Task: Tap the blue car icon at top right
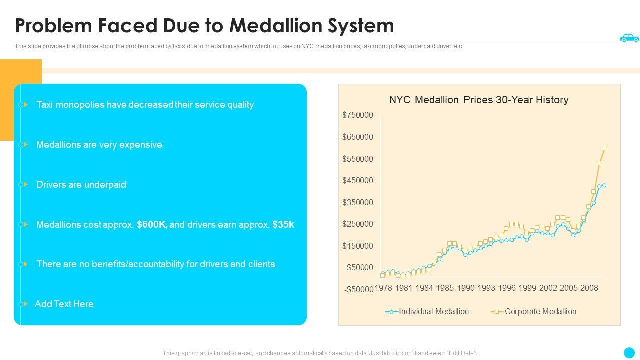(629, 38)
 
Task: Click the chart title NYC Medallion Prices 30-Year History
(479, 100)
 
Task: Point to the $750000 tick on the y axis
(358, 115)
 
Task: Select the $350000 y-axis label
(358, 202)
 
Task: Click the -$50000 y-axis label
(358, 290)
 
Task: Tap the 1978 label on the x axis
(383, 288)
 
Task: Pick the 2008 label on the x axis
(589, 288)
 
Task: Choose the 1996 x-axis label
(507, 288)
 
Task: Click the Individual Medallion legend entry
(433, 312)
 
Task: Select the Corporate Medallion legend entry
(540, 312)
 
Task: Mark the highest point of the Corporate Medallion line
(604, 148)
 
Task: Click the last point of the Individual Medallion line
(604, 185)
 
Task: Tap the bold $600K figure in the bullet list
(152, 225)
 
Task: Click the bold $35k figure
(283, 225)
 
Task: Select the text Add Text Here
(64, 304)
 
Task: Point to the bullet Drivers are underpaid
(81, 185)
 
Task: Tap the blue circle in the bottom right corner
(629, 352)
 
